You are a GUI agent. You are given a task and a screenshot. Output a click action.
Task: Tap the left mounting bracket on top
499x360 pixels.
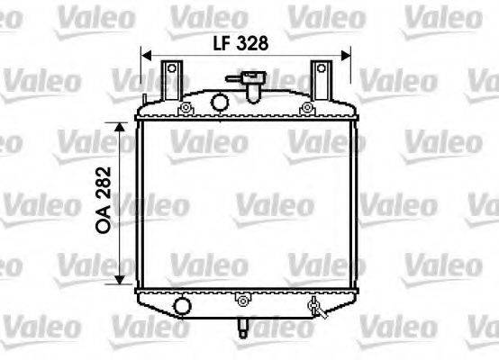coord(171,76)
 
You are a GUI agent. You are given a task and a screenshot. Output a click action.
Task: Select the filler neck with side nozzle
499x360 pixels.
coord(251,86)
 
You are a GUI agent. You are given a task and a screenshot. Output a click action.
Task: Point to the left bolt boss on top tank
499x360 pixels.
coord(186,109)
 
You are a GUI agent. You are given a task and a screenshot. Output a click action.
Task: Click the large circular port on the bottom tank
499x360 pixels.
coord(183,307)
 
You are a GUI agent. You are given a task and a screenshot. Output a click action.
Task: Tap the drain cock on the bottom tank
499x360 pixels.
coord(314,308)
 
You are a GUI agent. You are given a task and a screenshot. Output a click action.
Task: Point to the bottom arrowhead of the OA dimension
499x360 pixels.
coord(121,279)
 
